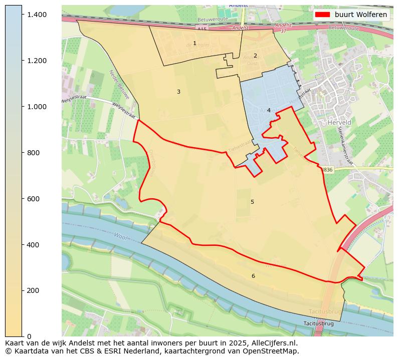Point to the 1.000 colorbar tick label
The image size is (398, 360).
(x=37, y=107)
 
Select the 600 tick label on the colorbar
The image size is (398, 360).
(x=34, y=199)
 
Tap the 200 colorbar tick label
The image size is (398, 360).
(x=34, y=290)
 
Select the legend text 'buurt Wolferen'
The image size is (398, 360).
(x=361, y=15)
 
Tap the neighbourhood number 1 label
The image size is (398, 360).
(x=195, y=44)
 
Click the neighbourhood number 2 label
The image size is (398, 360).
(x=255, y=56)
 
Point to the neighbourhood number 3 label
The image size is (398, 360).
(x=178, y=92)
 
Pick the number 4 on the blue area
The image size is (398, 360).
(x=269, y=110)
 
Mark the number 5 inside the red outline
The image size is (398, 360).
(x=252, y=202)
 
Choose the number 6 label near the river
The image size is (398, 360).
(x=253, y=276)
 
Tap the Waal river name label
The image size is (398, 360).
(x=120, y=235)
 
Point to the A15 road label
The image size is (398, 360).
(x=202, y=30)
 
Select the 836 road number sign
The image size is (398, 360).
(x=327, y=170)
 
